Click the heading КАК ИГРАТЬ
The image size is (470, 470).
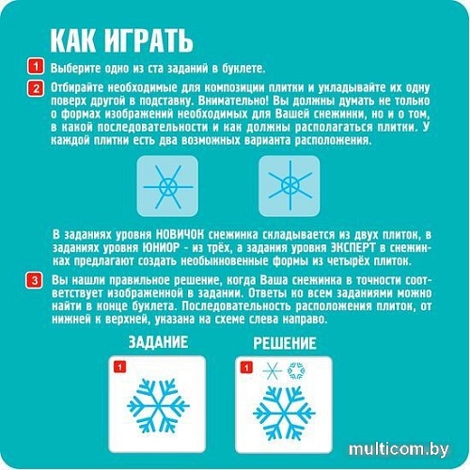click(121, 40)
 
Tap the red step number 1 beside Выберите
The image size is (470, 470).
click(36, 67)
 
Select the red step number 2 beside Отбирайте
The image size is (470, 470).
click(36, 88)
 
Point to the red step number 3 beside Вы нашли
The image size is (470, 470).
click(35, 280)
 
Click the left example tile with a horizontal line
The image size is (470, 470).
click(167, 186)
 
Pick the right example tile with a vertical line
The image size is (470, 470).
click(290, 186)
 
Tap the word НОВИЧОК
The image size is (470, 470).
click(180, 234)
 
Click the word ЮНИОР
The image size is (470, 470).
click(161, 247)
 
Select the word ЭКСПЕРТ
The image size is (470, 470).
click(353, 247)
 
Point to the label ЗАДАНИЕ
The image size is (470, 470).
click(158, 342)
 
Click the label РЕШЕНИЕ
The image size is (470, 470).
click(285, 343)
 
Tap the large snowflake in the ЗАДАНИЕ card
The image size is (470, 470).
click(158, 406)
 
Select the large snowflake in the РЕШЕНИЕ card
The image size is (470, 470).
click(284, 414)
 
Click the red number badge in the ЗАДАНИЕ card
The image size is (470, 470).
click(119, 367)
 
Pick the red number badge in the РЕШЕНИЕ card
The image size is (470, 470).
click(246, 368)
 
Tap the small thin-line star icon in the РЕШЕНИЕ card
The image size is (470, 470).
click(272, 371)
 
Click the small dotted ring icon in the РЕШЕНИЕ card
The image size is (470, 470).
click(296, 371)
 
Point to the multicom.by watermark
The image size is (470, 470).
click(399, 450)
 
